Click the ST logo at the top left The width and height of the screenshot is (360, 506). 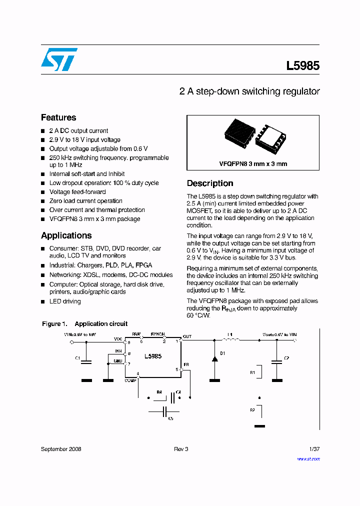(x=59, y=59)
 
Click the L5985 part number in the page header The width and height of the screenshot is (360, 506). (x=302, y=65)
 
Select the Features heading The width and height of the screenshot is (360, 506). (x=58, y=117)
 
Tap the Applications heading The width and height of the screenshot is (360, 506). (x=66, y=235)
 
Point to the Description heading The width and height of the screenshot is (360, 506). (x=210, y=183)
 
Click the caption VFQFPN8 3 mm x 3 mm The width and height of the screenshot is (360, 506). (x=253, y=163)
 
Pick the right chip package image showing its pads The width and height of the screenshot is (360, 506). (x=270, y=137)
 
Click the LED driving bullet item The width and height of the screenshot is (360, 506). (x=64, y=301)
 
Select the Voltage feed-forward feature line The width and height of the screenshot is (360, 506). (x=77, y=192)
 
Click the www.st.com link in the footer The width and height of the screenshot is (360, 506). (x=308, y=458)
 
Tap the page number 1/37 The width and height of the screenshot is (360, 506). (x=314, y=449)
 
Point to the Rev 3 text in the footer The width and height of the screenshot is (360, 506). (x=181, y=449)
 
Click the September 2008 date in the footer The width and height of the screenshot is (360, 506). (x=61, y=449)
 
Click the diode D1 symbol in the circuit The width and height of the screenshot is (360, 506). (x=214, y=358)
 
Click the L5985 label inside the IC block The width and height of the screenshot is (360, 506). (x=152, y=356)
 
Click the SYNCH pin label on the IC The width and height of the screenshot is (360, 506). (x=158, y=334)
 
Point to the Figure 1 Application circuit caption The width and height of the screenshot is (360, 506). (x=84, y=324)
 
